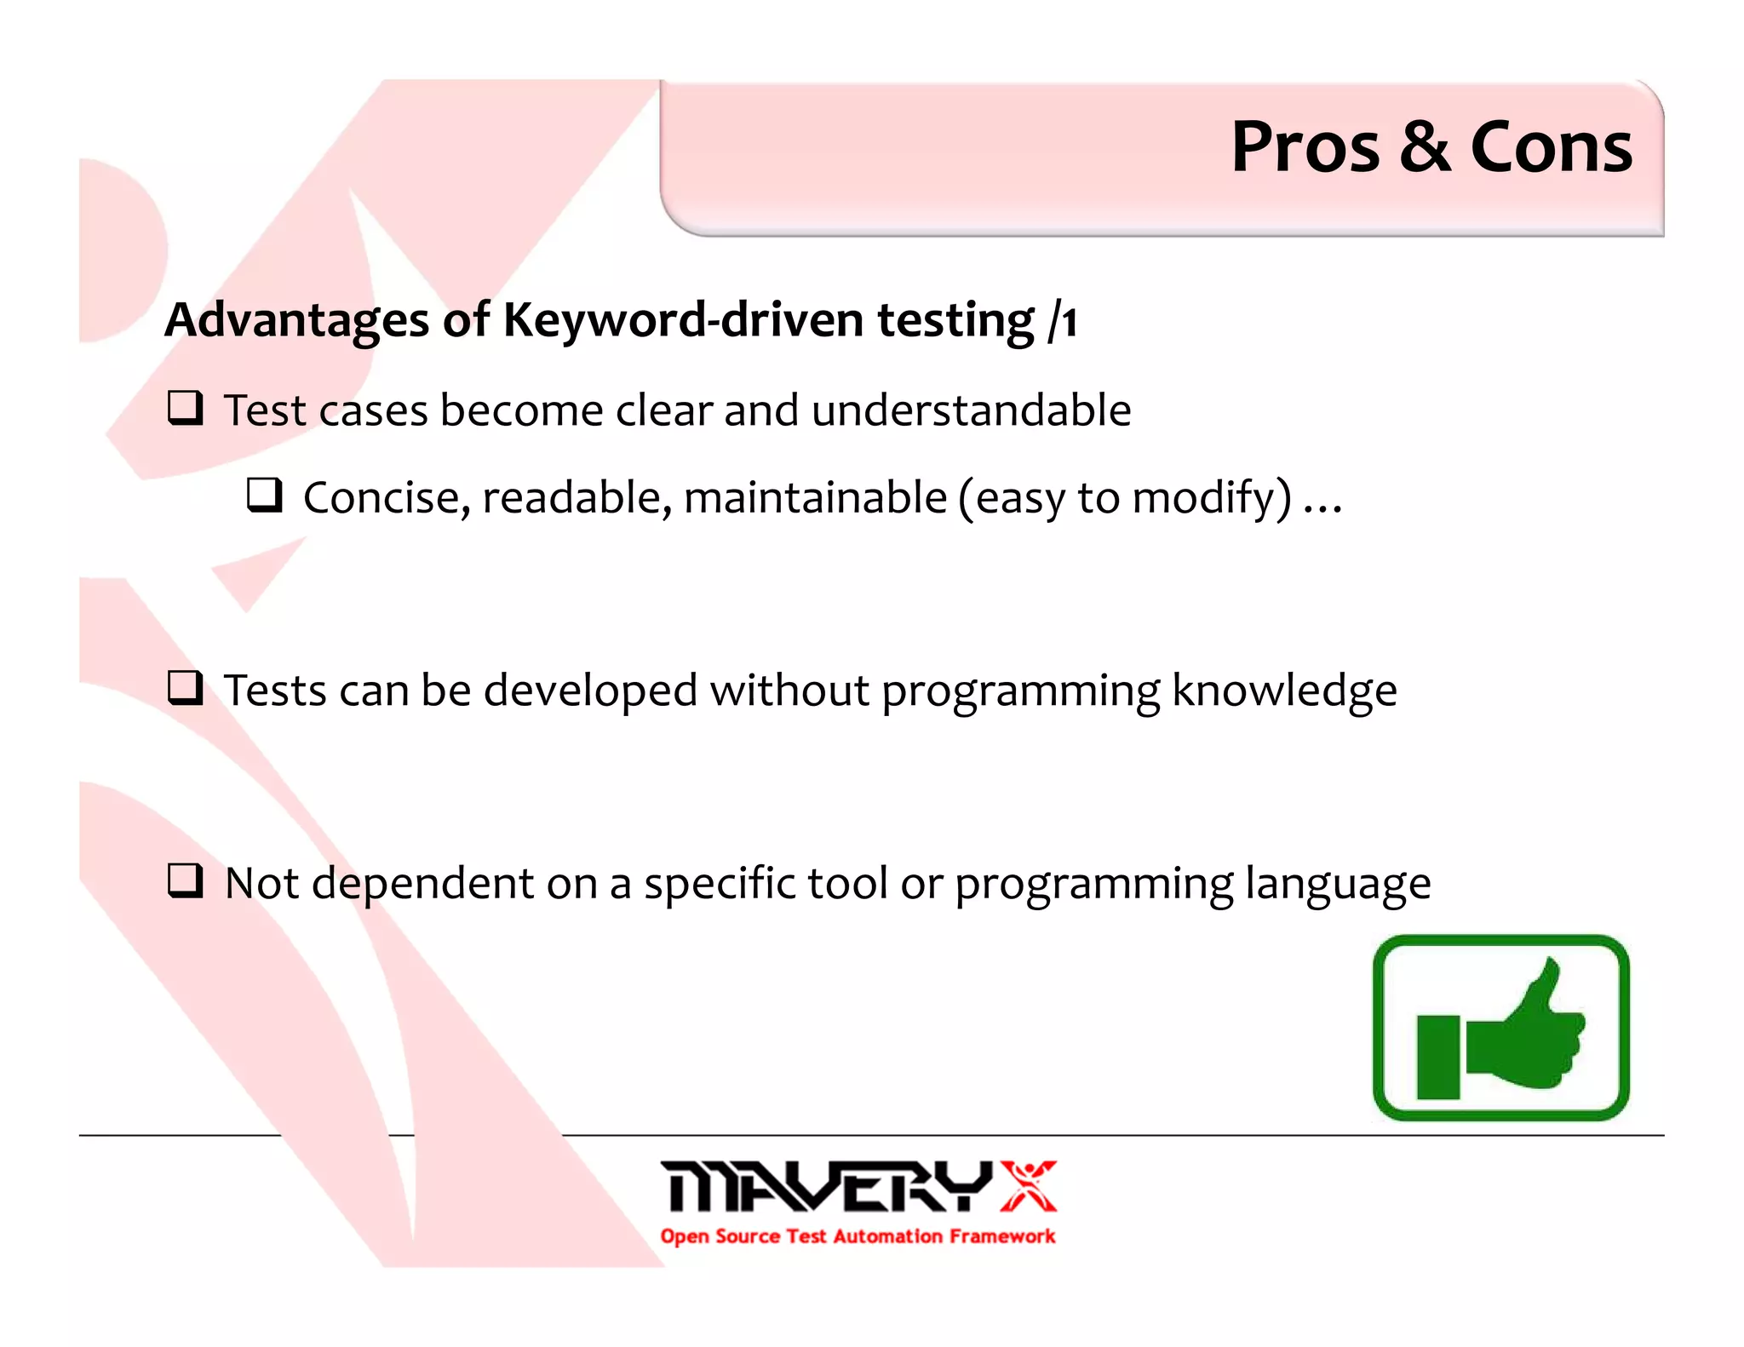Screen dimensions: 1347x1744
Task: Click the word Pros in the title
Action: point(1305,146)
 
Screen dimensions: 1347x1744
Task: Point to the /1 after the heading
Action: point(1064,322)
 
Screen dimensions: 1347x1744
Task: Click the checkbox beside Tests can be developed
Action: point(185,688)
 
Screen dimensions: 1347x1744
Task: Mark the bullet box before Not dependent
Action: point(185,880)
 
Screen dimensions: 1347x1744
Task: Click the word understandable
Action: point(971,410)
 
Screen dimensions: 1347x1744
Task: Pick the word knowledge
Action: point(1284,690)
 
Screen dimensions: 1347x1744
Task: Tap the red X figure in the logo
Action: point(1029,1185)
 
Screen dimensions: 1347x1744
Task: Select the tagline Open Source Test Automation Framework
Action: point(858,1236)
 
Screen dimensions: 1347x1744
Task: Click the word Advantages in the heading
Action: point(296,320)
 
